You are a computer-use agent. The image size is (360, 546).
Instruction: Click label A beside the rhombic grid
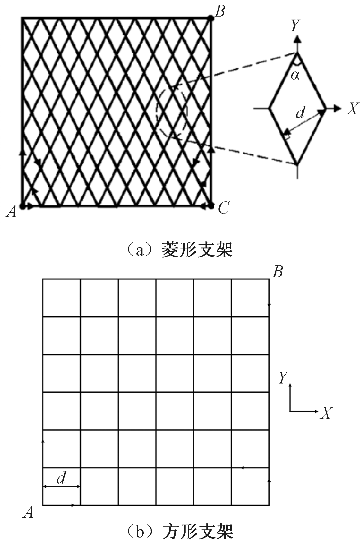pos(11,212)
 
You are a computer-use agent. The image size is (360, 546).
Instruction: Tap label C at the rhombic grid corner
pos(224,208)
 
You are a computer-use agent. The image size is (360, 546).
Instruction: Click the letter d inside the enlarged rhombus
pos(300,112)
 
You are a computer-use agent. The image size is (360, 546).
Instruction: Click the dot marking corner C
pos(211,206)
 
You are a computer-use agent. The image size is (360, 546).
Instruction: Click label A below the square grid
pos(28,512)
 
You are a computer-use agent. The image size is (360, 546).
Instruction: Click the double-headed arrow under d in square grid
pos(62,486)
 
